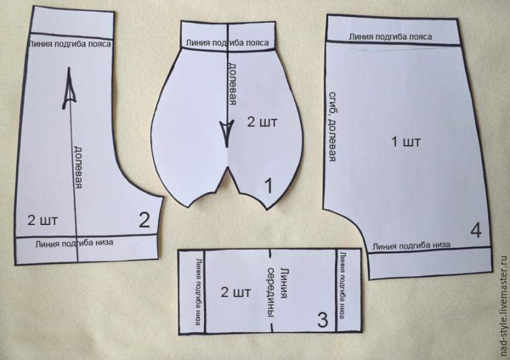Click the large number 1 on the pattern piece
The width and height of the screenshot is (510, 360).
tap(268, 186)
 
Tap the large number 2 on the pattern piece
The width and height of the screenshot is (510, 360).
tap(144, 220)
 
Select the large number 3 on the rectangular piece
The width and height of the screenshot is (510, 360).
tap(322, 320)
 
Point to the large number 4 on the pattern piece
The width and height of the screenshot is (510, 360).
tap(476, 230)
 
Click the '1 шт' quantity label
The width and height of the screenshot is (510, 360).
tap(406, 142)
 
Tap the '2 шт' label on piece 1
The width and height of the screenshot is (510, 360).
tap(262, 122)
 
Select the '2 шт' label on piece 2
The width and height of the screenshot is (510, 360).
tap(42, 220)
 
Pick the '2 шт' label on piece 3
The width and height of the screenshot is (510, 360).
tap(236, 292)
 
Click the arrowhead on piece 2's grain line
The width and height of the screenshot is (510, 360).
tap(69, 88)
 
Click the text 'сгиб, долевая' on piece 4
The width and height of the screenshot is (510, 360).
tap(332, 127)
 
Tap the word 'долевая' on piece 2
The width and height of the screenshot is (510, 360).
tap(77, 167)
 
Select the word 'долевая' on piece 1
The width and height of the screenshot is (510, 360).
tap(232, 84)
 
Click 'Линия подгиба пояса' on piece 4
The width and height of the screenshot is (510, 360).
tap(391, 36)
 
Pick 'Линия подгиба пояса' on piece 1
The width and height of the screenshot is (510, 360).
tap(227, 42)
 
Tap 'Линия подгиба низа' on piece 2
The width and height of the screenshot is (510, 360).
tap(74, 243)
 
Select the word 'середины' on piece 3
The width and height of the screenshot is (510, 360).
tap(271, 292)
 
